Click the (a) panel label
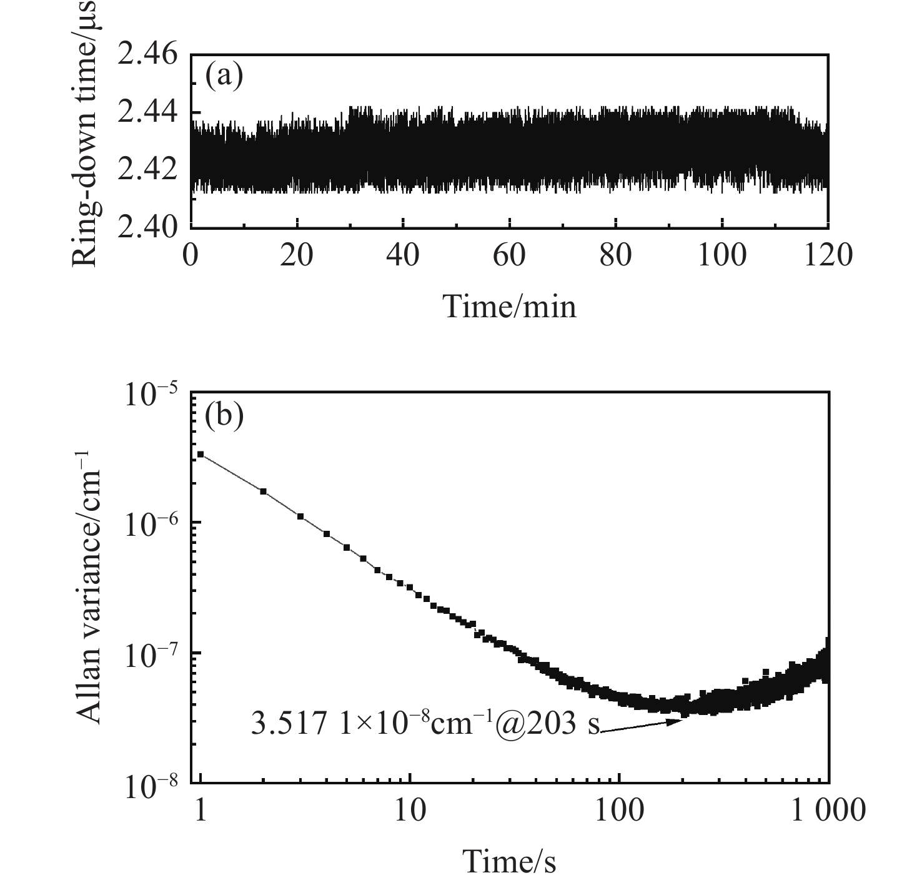224,76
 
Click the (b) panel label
224,415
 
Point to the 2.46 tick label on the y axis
148,56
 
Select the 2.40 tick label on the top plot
148,226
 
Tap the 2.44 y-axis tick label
148,113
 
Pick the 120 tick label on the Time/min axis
828,255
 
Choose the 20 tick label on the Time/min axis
297,255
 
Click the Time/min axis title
509,306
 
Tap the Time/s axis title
509,862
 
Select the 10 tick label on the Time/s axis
410,811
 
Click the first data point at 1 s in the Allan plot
201,455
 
